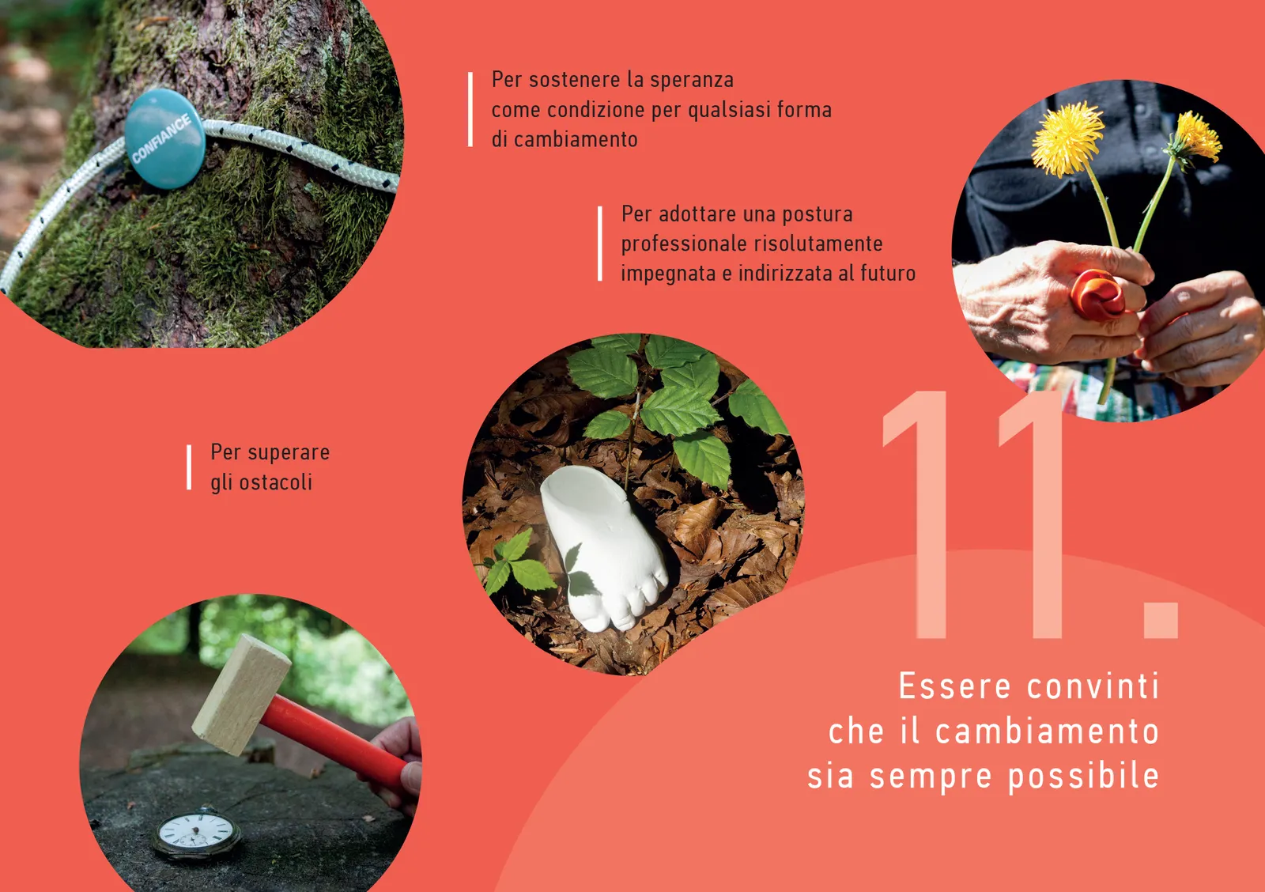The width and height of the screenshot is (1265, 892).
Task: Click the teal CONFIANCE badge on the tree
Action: coord(164,138)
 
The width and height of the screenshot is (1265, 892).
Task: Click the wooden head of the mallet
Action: coord(241,694)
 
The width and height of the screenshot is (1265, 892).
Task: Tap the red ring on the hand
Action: coord(1098,296)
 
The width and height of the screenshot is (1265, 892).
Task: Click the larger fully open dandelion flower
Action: coord(1067,138)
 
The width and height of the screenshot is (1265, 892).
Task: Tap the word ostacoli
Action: coord(276,483)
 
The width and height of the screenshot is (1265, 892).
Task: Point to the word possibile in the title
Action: coord(1084,777)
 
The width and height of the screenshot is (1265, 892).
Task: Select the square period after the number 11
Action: coord(1161,620)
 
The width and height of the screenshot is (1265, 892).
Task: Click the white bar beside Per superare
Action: coord(189,467)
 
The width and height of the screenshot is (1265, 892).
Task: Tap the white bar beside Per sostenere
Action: coord(470,110)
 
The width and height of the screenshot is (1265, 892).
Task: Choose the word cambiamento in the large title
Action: coord(1047,731)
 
